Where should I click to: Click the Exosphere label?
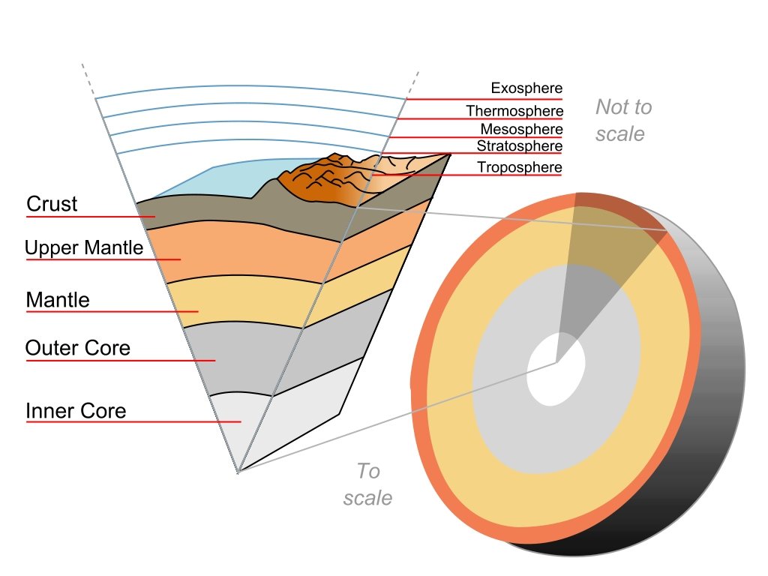526,88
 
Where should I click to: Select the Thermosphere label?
514,111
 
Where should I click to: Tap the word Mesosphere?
521,129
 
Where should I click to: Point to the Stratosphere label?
519,145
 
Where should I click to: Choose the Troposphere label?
519,166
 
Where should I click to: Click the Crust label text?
52,204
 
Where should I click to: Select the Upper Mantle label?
83,248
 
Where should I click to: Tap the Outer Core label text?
77,348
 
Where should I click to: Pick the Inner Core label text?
75,411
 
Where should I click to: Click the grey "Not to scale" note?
622,120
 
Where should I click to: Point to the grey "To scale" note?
367,484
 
